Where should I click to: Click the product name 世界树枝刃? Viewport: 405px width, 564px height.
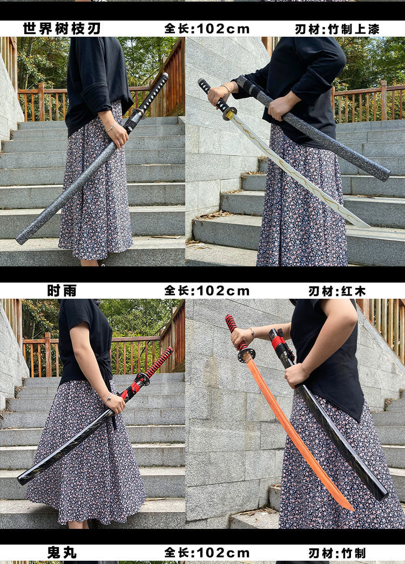click(x=62, y=29)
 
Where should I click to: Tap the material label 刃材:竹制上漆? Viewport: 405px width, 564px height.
click(x=337, y=29)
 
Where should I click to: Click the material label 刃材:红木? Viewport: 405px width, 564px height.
click(x=337, y=291)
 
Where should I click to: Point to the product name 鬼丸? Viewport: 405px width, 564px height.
click(x=62, y=553)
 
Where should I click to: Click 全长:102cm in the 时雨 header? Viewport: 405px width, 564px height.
click(x=207, y=291)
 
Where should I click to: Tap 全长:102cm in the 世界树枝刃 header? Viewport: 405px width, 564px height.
click(x=207, y=29)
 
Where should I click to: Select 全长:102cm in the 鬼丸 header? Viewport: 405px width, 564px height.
click(x=207, y=553)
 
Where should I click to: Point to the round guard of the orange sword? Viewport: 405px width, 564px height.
click(x=246, y=355)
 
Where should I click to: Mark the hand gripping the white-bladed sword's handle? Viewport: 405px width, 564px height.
click(x=217, y=95)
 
